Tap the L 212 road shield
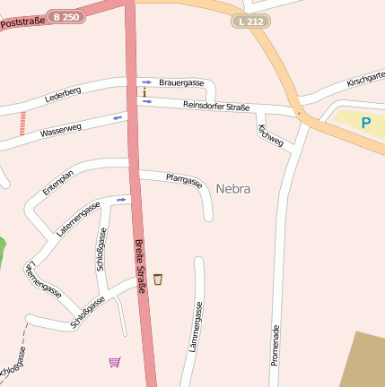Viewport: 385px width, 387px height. (250, 21)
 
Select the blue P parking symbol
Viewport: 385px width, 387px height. (365, 123)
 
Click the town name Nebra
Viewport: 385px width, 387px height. (232, 189)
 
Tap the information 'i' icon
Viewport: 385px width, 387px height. (144, 91)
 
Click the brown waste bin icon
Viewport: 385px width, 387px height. (158, 279)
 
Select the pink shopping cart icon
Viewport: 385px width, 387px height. (114, 362)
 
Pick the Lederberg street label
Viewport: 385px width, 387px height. (63, 92)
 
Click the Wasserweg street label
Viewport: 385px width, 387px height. (60, 132)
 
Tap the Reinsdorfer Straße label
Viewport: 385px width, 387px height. (215, 107)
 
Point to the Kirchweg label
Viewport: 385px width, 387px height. (270, 135)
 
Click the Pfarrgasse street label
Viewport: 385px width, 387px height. (184, 181)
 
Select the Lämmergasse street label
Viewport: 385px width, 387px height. (196, 326)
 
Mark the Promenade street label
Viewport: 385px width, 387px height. (276, 348)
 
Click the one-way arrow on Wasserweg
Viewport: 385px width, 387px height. (117, 117)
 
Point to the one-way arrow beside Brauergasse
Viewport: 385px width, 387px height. (147, 82)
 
